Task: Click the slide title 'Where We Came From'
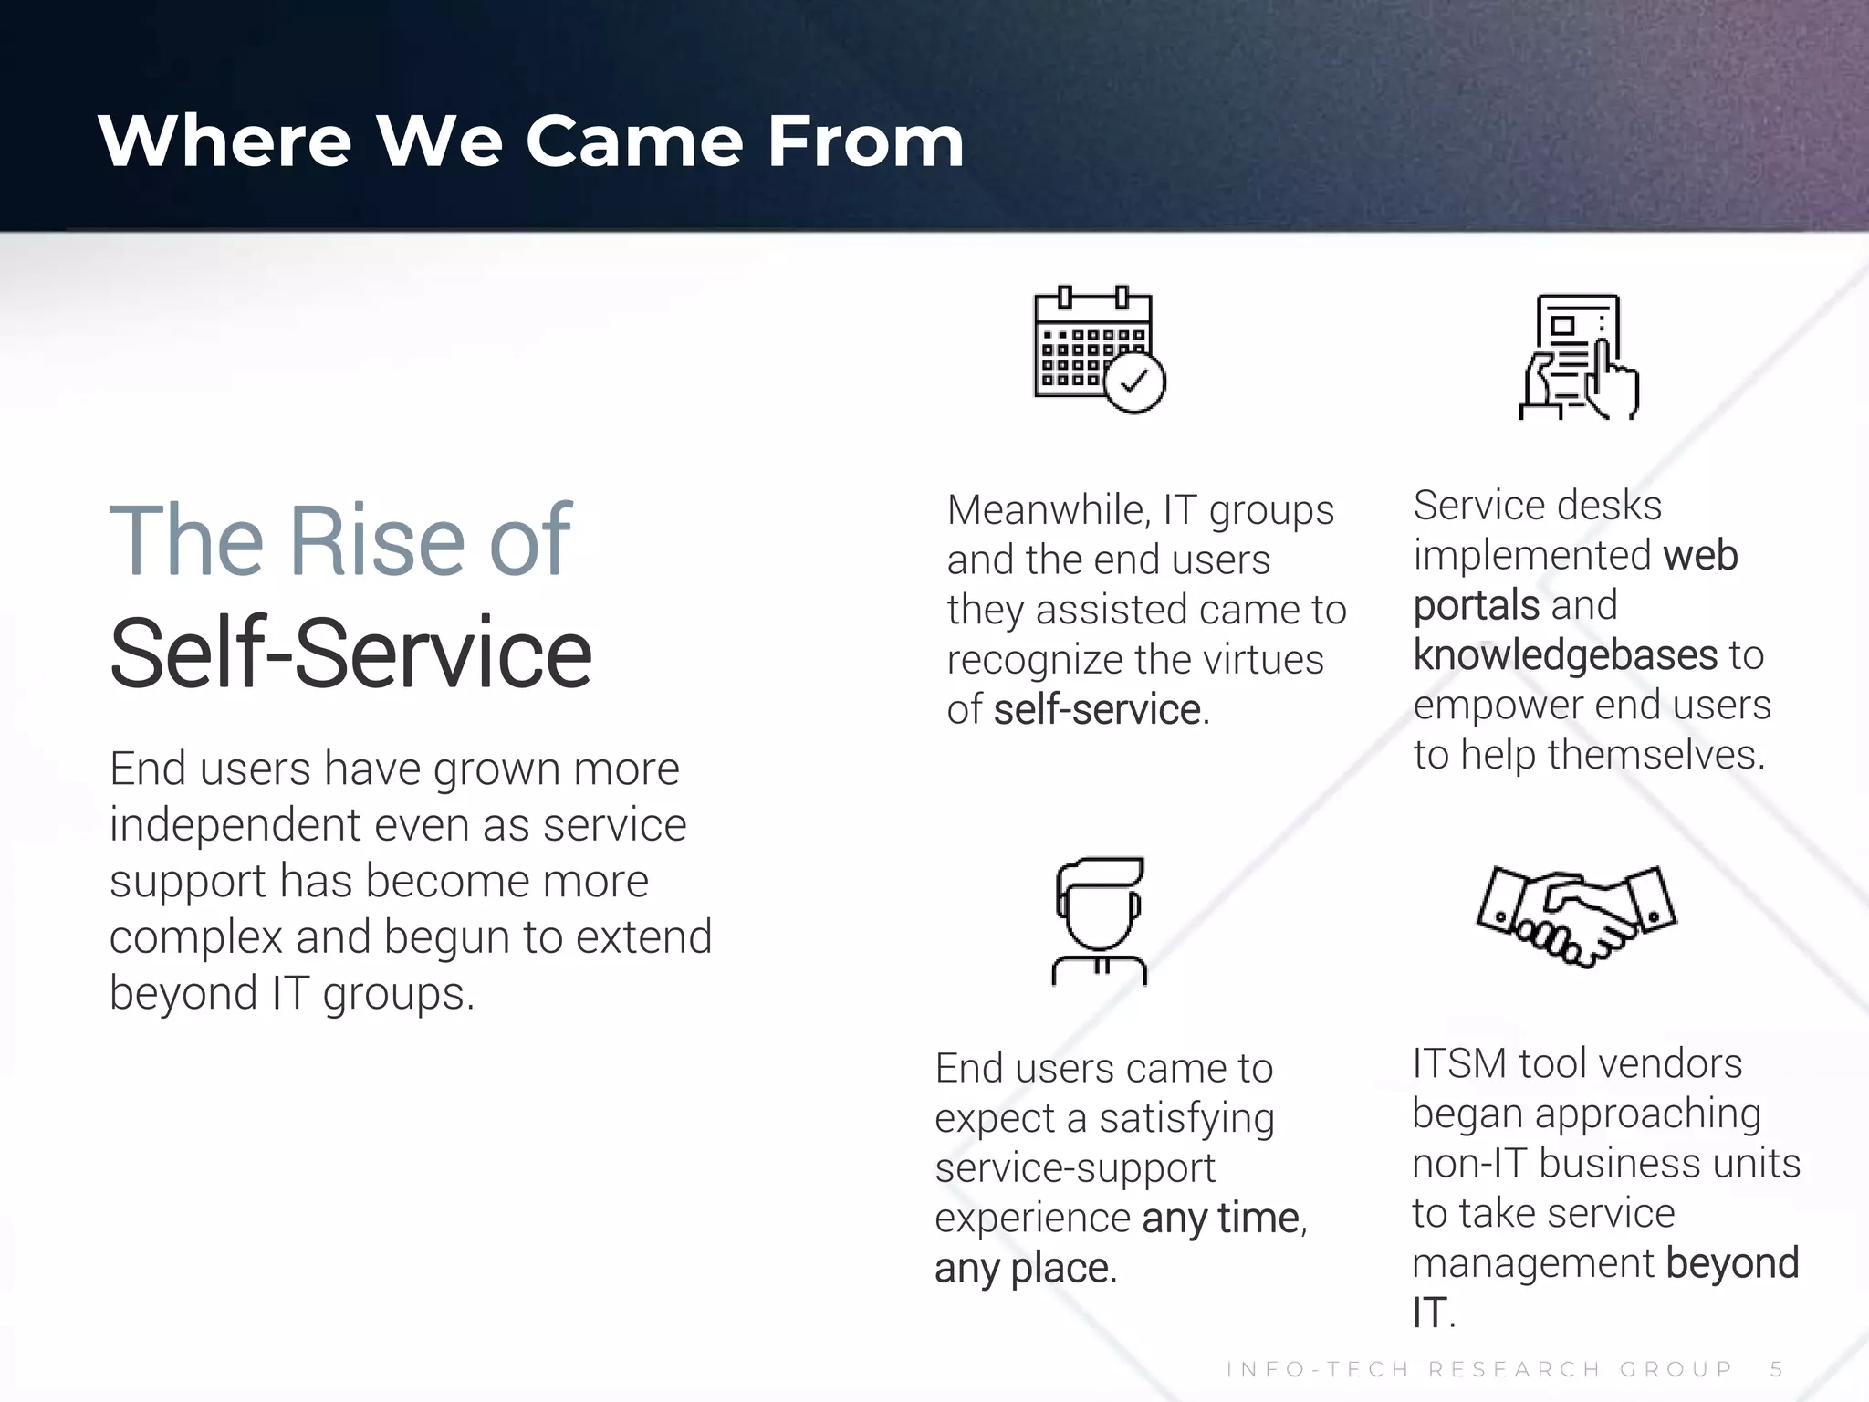click(531, 141)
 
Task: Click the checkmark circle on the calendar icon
click(1134, 382)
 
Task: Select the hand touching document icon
click(1579, 357)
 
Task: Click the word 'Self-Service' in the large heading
click(350, 652)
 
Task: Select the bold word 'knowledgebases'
click(1565, 655)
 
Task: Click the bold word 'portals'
click(1476, 605)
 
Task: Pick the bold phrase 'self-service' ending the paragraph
click(1097, 710)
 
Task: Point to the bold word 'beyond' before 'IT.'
click(1732, 1263)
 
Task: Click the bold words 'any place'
click(1021, 1269)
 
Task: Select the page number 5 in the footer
click(1776, 1369)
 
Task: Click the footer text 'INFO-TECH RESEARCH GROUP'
click(1478, 1369)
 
